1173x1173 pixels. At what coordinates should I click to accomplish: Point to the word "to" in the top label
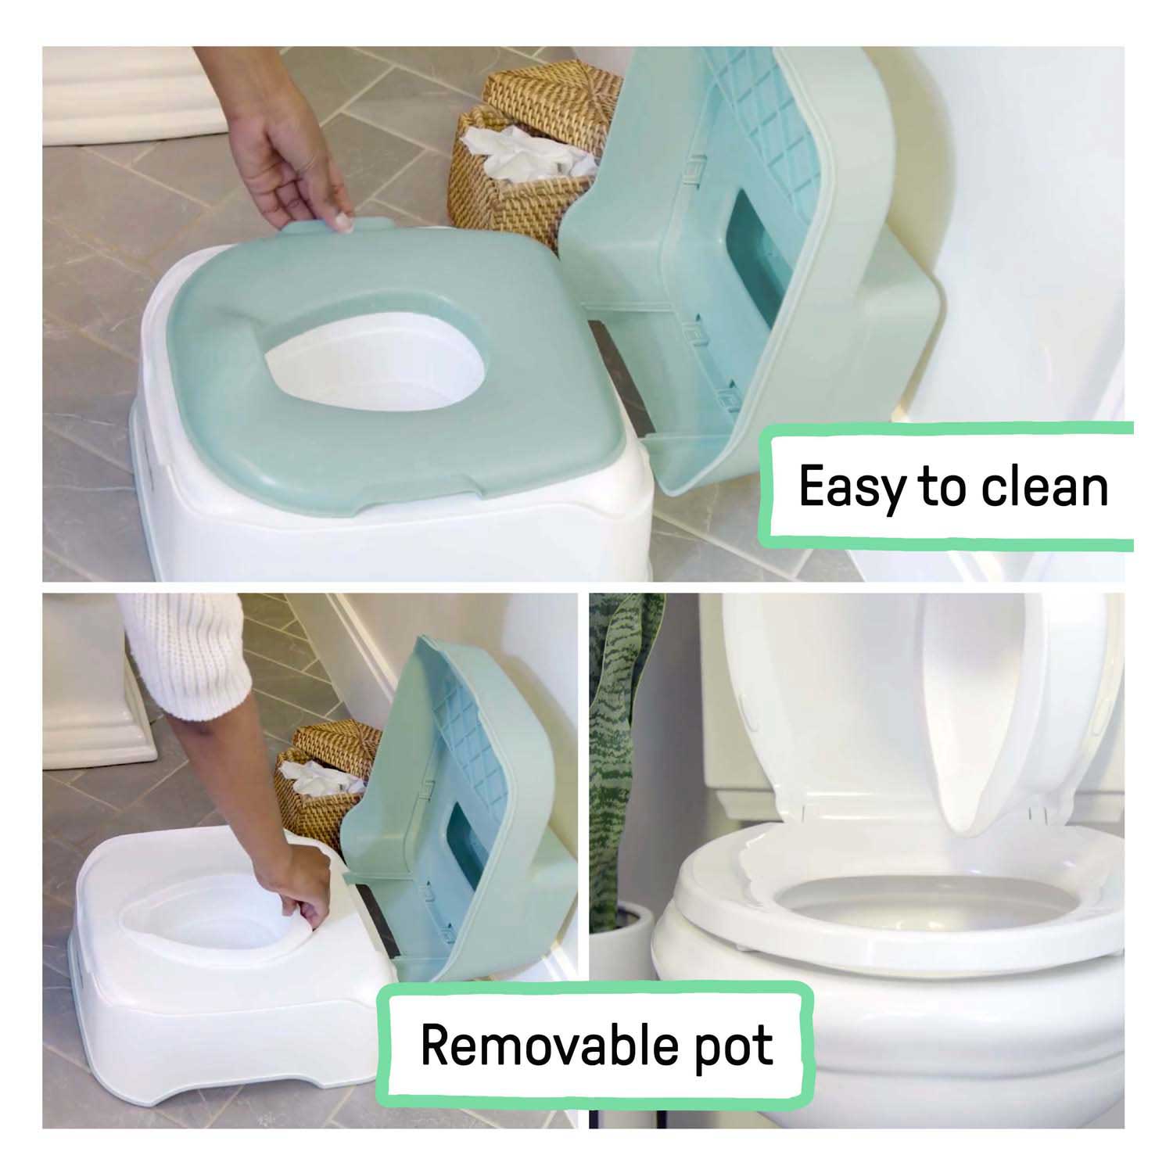(945, 486)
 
